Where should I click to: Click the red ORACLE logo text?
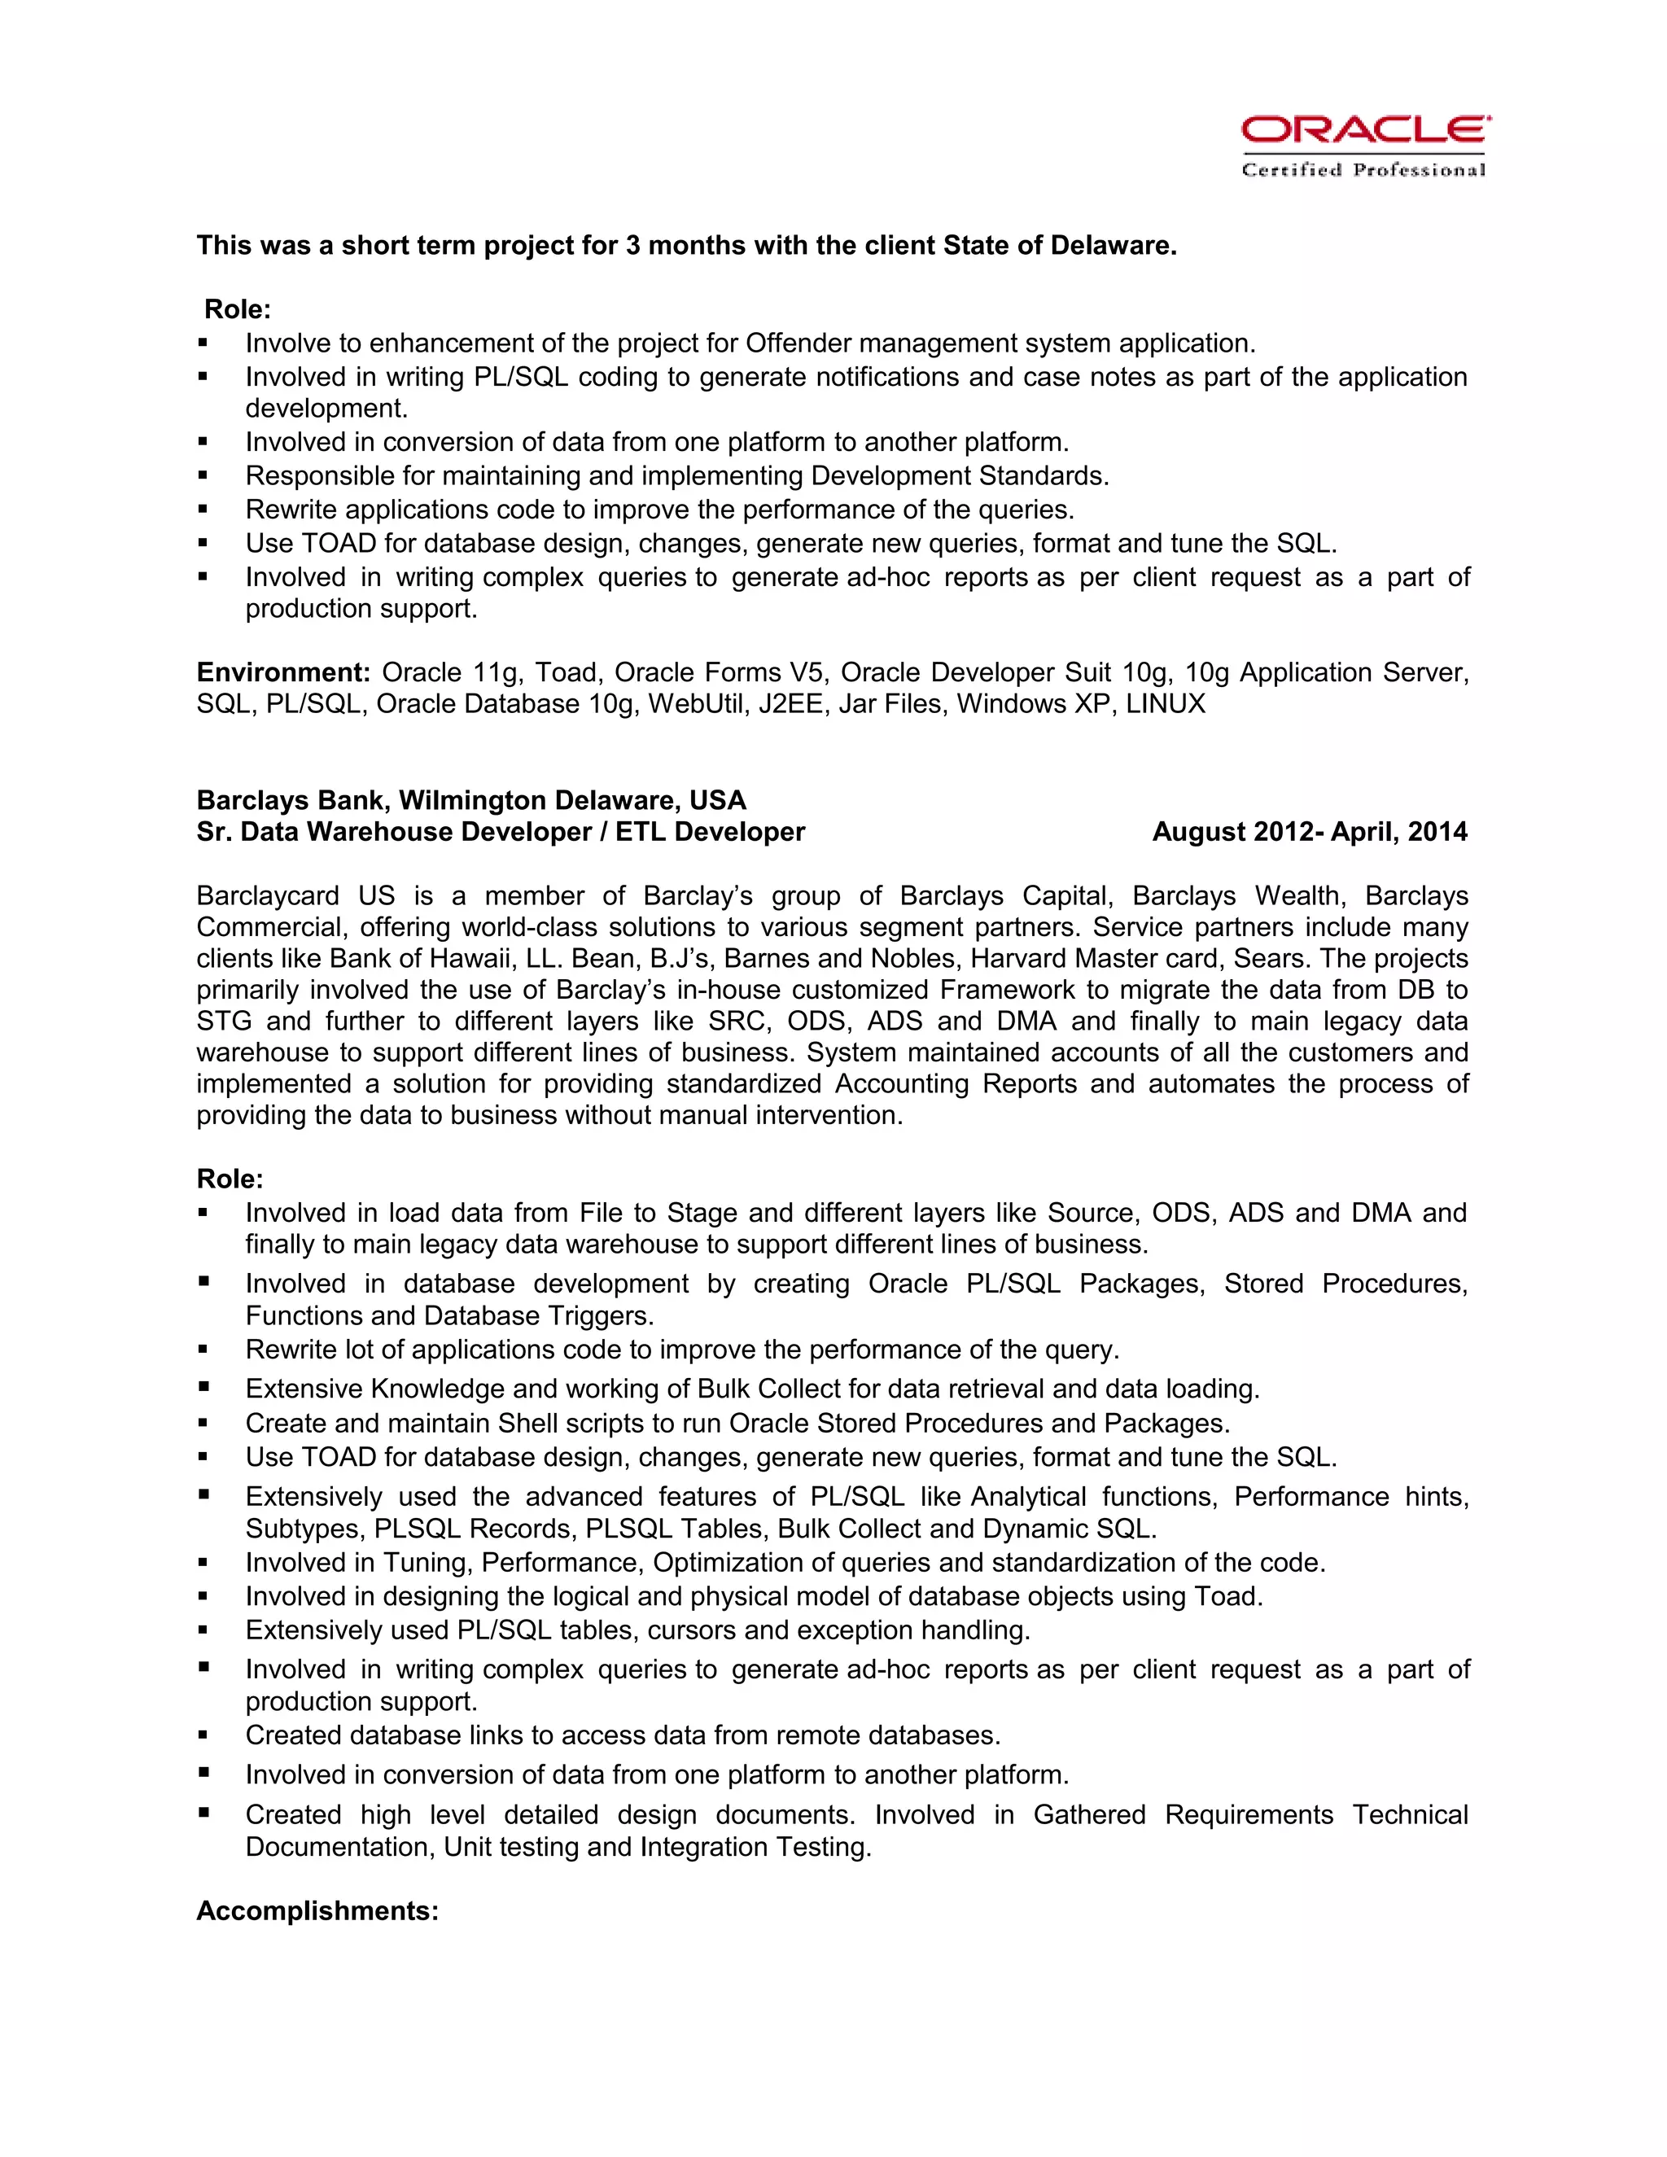pyautogui.click(x=1365, y=129)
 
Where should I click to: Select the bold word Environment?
pyautogui.click(x=282, y=672)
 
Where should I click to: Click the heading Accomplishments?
pyautogui.click(x=317, y=1910)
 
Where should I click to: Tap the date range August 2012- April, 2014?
pyautogui.click(x=1310, y=832)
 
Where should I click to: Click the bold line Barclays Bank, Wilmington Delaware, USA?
pyautogui.click(x=471, y=800)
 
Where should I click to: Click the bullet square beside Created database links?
pyautogui.click(x=203, y=1735)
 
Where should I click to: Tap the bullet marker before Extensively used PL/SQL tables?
pyautogui.click(x=203, y=1630)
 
